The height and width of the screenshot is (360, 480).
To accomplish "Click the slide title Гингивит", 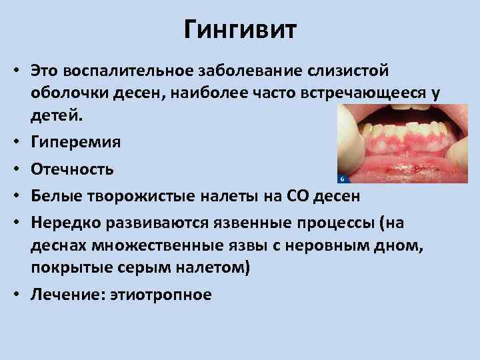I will click(240, 30).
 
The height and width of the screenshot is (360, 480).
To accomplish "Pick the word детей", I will click(57, 117).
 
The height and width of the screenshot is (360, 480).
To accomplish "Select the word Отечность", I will click(71, 169).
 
